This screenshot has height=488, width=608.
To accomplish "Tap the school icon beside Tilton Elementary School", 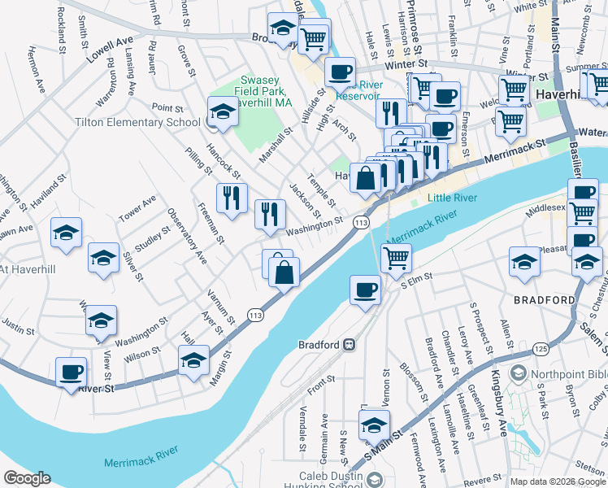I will [222, 111].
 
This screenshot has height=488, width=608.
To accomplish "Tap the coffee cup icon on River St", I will [72, 373].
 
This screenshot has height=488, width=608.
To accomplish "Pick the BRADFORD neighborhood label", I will [544, 300].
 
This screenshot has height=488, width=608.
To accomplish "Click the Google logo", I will [27, 478].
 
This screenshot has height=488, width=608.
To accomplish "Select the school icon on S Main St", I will [374, 425].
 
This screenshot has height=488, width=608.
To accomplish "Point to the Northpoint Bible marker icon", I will [518, 374].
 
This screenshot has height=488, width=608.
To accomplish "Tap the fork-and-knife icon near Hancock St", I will [232, 197].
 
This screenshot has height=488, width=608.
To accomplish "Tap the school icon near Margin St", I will [194, 360].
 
